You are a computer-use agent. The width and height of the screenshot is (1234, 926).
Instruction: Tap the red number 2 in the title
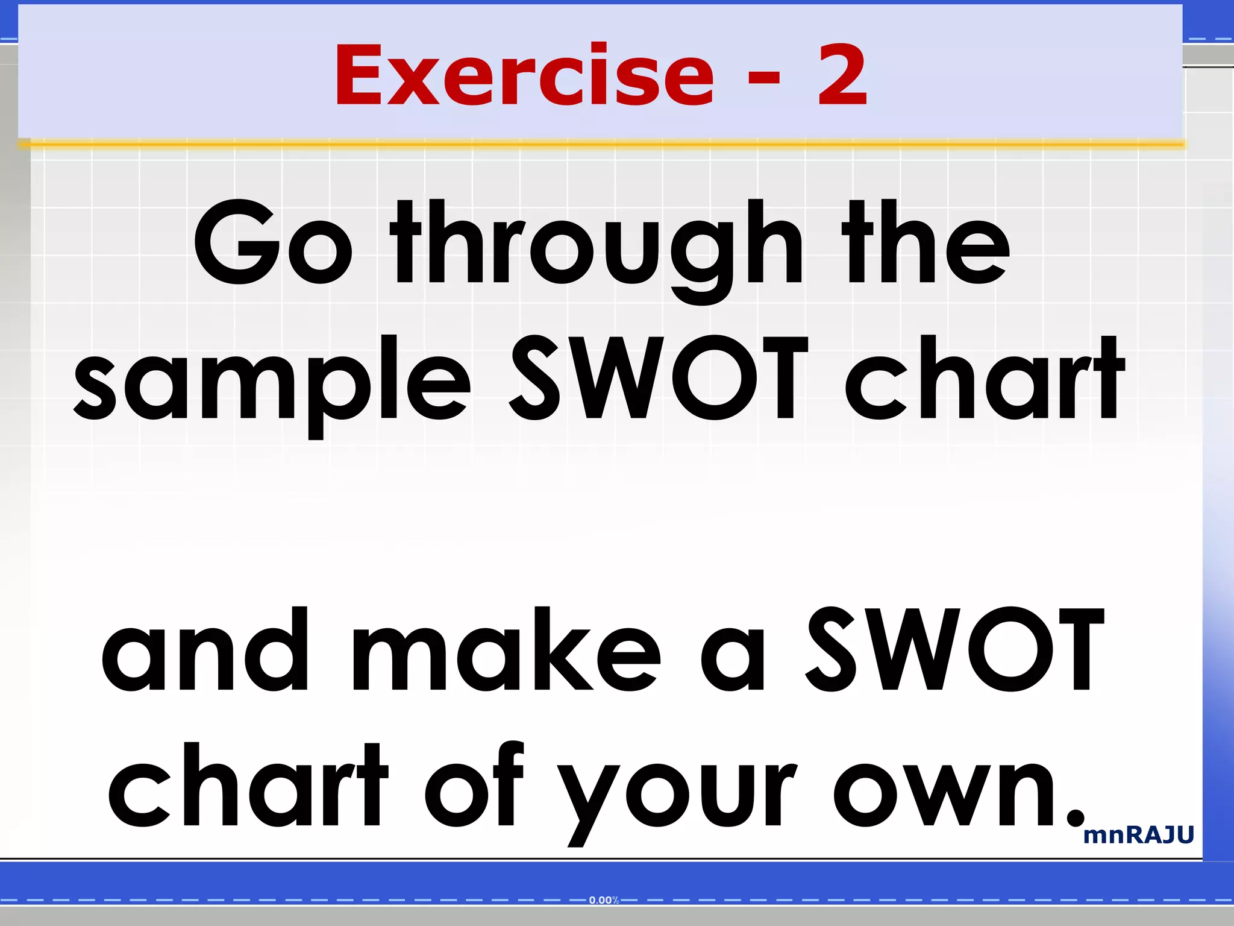point(842,76)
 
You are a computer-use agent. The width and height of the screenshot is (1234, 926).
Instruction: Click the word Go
point(272,242)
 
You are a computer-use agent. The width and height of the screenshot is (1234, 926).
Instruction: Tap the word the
point(926,242)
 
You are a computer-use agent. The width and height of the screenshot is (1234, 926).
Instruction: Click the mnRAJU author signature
point(1138,836)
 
